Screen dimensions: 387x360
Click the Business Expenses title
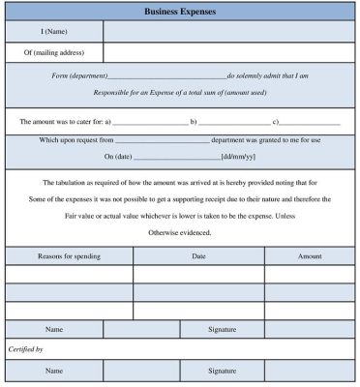(x=180, y=13)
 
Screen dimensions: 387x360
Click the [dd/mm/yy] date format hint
(x=239, y=156)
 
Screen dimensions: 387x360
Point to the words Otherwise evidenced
(x=180, y=233)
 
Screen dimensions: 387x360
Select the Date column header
(x=199, y=256)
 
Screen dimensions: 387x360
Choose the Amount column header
(x=310, y=256)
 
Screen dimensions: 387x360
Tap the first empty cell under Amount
(x=310, y=275)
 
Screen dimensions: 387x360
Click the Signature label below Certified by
(x=223, y=371)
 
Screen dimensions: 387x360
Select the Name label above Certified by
(x=54, y=329)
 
